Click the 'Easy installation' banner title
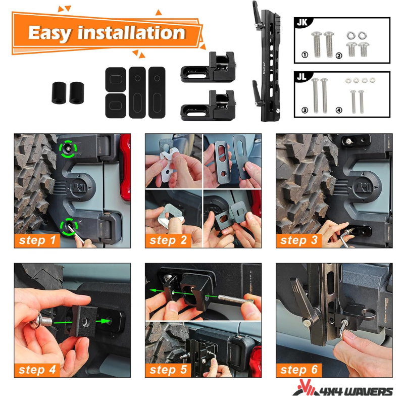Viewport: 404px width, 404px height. click(107, 33)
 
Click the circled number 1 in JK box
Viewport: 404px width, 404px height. click(305, 55)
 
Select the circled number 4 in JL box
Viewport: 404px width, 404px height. click(338, 110)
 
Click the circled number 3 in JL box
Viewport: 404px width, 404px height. click(305, 110)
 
